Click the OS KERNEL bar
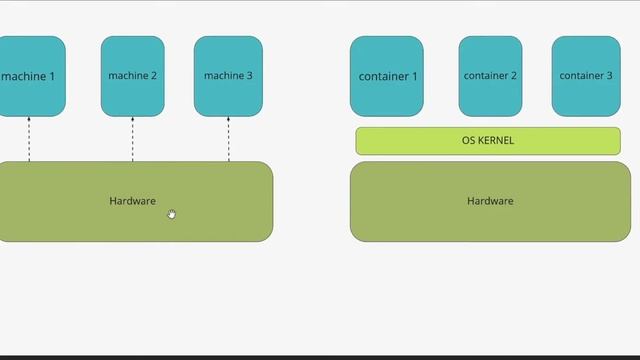488,141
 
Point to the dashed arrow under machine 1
29,139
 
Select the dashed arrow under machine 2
133,139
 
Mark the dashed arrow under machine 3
228,139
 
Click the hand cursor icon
172,214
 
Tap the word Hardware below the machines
132,201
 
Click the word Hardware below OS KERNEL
490,201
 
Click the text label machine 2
133,76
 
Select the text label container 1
388,77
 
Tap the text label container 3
586,76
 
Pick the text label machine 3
228,76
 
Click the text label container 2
490,76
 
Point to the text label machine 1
29,77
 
